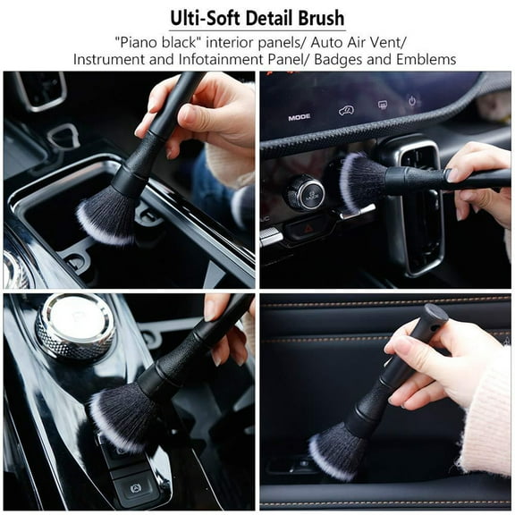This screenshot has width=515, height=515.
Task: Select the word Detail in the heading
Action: click(266, 18)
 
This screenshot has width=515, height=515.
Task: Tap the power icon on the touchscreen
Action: click(413, 100)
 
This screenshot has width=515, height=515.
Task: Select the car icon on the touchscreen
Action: click(345, 111)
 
